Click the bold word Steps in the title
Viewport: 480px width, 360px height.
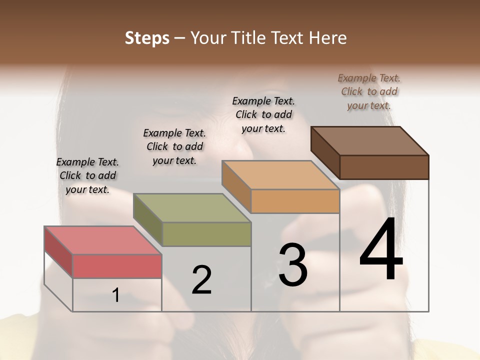click(147, 38)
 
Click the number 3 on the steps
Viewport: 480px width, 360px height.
click(293, 264)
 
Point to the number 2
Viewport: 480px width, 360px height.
click(202, 279)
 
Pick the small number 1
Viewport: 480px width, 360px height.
click(116, 295)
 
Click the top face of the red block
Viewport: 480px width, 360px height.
click(102, 240)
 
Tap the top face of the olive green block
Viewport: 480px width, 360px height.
click(192, 207)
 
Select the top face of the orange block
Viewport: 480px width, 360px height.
click(280, 175)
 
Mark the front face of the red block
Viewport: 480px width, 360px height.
click(117, 266)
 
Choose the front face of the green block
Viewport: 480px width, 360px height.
click(206, 234)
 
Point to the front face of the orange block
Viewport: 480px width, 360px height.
click(295, 201)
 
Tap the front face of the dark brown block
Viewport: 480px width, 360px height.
click(384, 167)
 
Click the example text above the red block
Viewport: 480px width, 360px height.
click(87, 175)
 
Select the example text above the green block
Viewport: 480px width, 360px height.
click(174, 146)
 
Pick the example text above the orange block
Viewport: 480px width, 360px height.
click(263, 114)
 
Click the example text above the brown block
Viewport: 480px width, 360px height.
click(369, 91)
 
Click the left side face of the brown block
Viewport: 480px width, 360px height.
click(325, 152)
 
